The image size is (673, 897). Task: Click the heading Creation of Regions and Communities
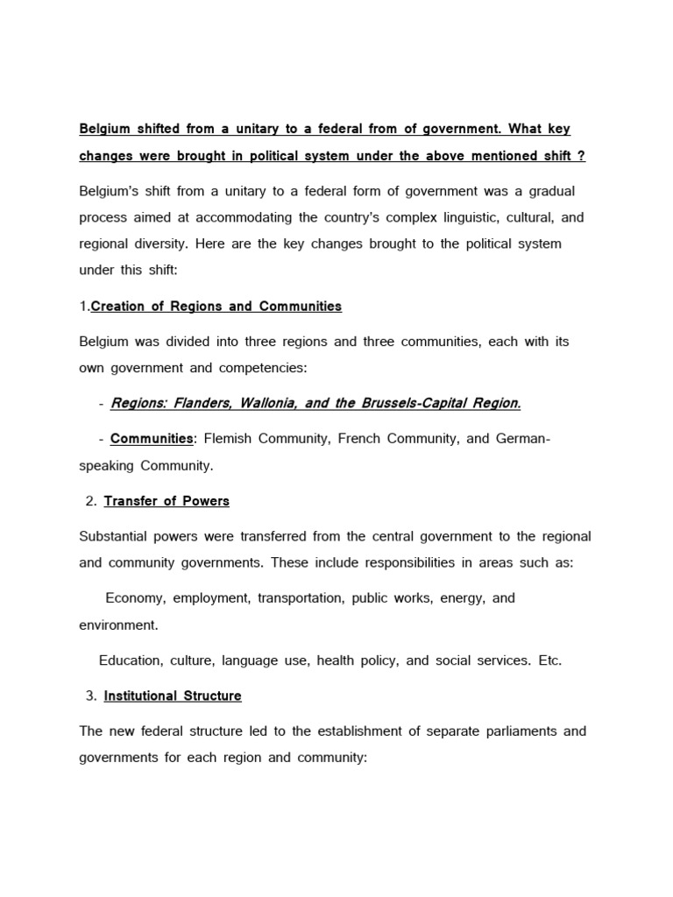[216, 307]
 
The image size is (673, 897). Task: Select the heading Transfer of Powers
[166, 501]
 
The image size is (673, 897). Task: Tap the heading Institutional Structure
[173, 696]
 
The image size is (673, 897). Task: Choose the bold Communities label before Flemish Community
[152, 438]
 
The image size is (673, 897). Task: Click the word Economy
[135, 598]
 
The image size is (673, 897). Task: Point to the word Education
[129, 660]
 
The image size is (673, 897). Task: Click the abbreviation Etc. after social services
[549, 660]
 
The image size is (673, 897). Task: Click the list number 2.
[90, 501]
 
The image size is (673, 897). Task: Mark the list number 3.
[90, 696]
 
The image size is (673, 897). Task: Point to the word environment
[117, 625]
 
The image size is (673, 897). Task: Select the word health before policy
[337, 660]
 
